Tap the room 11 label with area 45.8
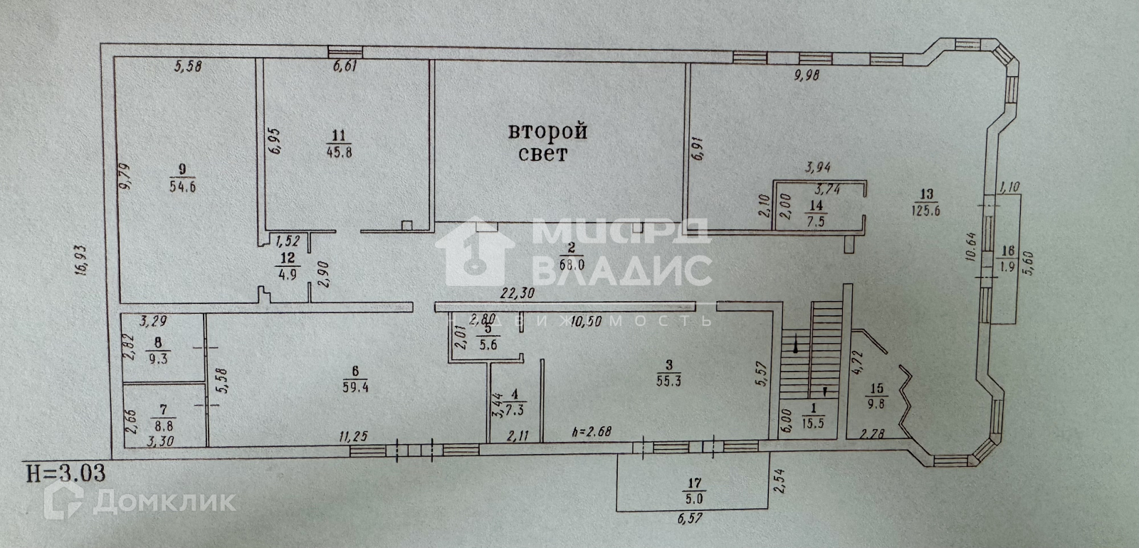338,142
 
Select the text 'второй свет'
547,142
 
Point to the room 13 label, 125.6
926,201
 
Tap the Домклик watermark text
164,502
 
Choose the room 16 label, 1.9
1008,260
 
